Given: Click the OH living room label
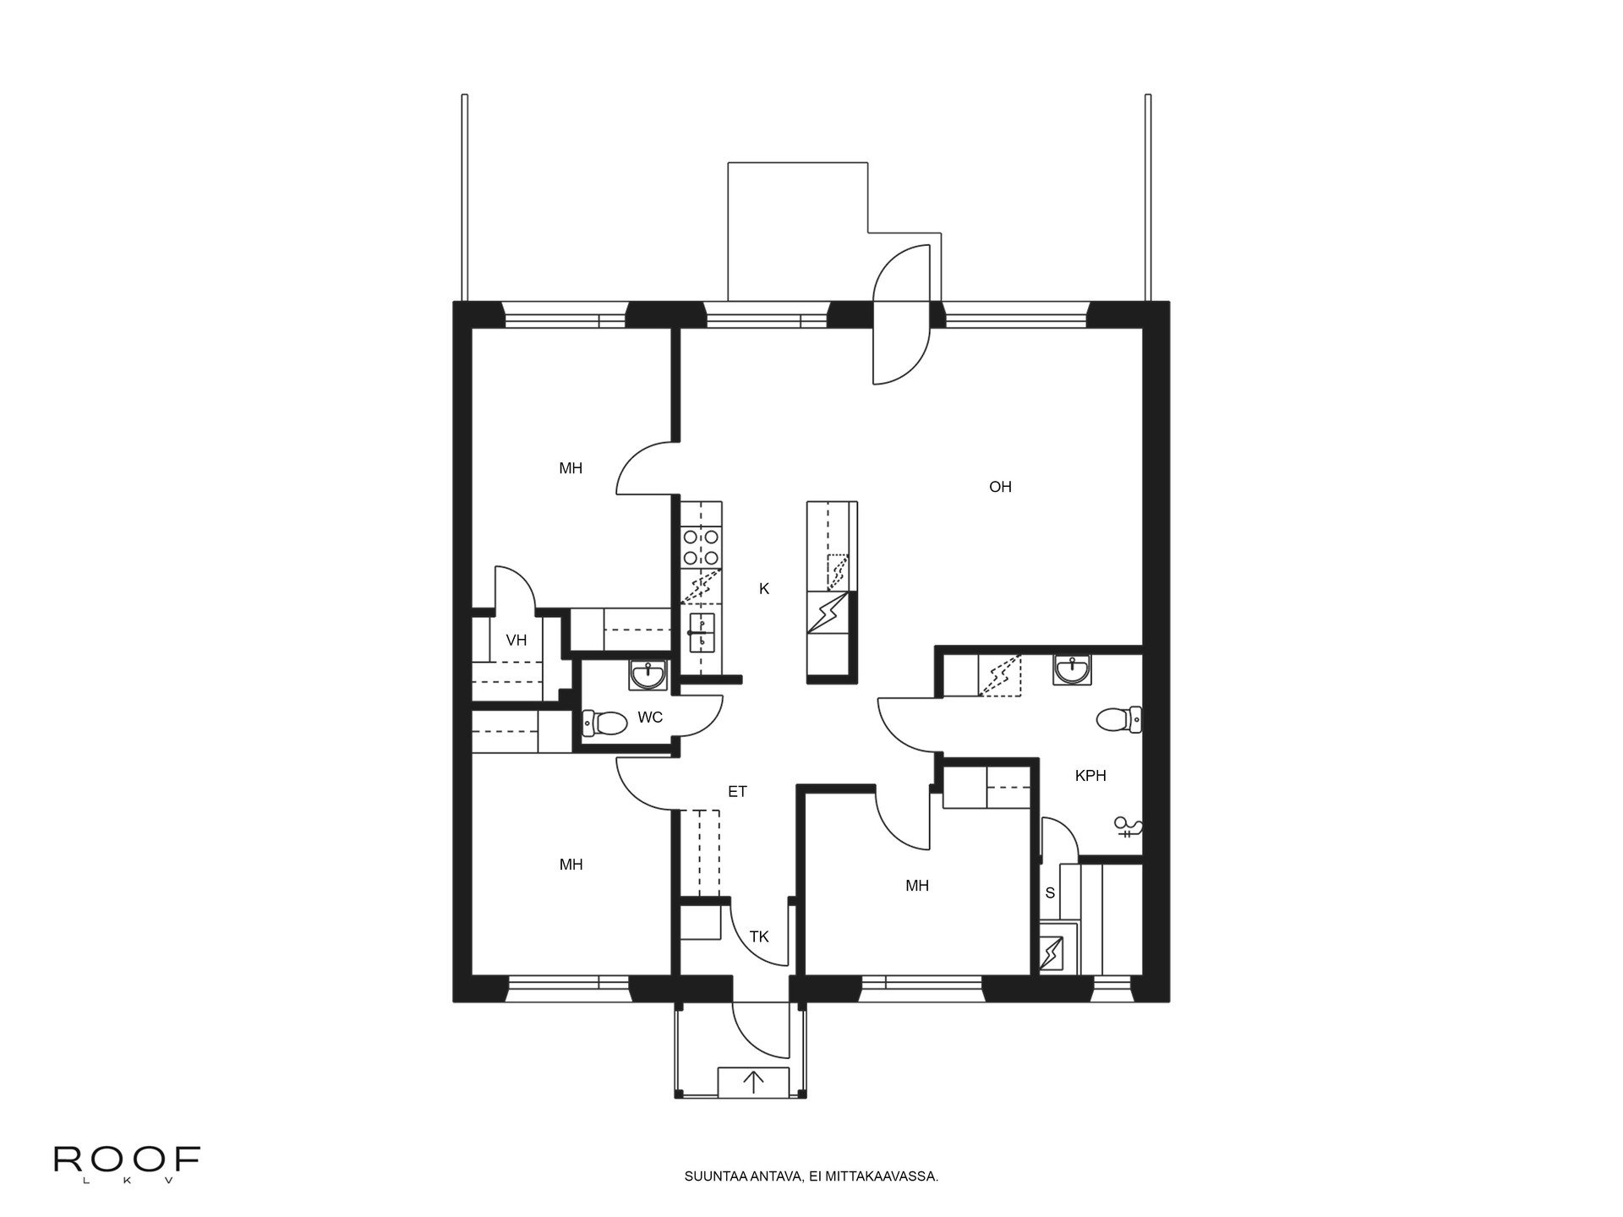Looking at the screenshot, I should [1000, 487].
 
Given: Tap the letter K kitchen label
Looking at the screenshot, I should [764, 589].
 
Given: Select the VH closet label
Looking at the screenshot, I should [516, 641].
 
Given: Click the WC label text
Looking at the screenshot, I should [650, 718].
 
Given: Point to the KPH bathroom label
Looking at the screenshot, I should [1090, 776].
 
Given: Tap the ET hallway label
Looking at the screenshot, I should [737, 792].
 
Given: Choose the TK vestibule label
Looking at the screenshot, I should [759, 936].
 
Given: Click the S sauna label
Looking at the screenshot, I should [1050, 892].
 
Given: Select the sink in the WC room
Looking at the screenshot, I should [648, 674].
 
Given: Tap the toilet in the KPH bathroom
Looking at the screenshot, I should [1118, 720].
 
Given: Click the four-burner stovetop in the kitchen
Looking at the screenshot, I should [702, 546].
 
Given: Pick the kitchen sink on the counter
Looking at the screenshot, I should [702, 632].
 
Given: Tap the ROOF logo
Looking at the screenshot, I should [127, 1160].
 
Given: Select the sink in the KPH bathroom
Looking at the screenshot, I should [1073, 669].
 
